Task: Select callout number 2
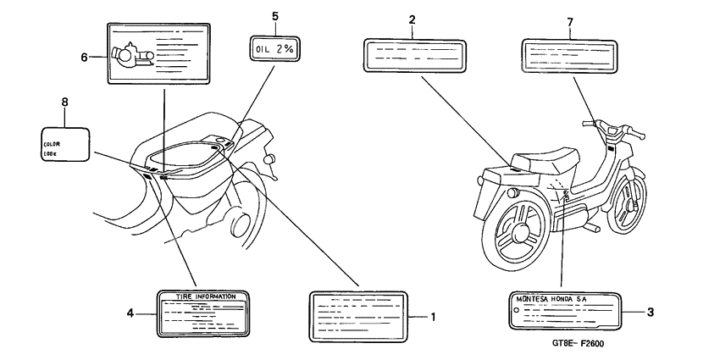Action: (x=412, y=19)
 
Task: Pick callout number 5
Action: (x=274, y=15)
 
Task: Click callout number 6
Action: (x=84, y=57)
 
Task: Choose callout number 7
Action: (x=569, y=19)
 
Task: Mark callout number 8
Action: (x=64, y=102)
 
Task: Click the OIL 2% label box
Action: (x=274, y=50)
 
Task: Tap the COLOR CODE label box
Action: (x=65, y=143)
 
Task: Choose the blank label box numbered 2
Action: (x=414, y=56)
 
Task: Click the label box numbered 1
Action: (x=359, y=317)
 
